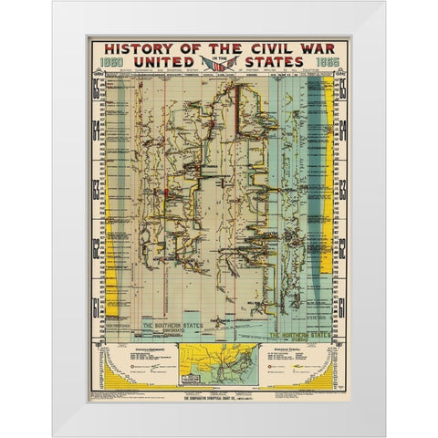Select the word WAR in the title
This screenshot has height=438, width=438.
pos(315,49)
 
